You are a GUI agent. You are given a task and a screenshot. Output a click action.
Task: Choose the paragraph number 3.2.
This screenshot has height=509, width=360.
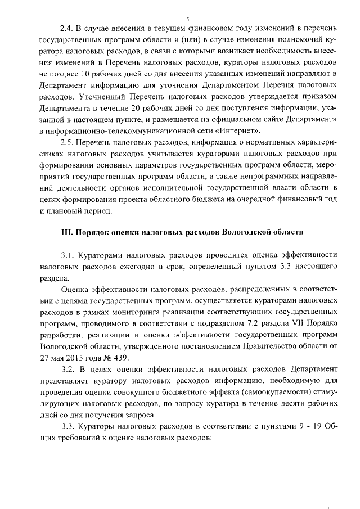click(68, 368)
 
